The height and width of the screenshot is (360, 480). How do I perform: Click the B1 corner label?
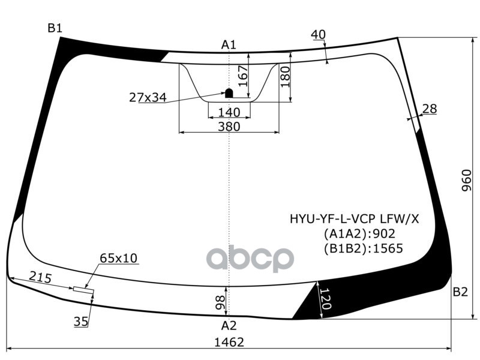(x=55, y=28)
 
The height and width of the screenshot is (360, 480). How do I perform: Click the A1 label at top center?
(x=229, y=44)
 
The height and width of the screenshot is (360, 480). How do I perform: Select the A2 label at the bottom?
(x=229, y=326)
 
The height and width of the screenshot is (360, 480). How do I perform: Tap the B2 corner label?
(x=460, y=292)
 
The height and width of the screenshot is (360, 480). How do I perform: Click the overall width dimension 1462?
(x=229, y=342)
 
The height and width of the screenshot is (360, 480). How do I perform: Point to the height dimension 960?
(x=467, y=180)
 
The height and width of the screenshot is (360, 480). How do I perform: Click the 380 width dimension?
(x=229, y=127)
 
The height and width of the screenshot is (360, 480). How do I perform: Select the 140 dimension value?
(x=229, y=112)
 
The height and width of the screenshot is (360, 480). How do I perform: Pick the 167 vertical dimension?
(x=242, y=77)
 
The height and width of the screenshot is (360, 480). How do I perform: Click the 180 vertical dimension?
(x=285, y=77)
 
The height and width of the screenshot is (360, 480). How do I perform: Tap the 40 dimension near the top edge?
(x=318, y=35)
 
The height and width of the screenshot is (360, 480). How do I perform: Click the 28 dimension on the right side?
(x=430, y=109)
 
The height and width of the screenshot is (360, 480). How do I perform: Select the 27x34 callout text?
(x=148, y=97)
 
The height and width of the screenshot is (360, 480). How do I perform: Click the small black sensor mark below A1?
(x=229, y=92)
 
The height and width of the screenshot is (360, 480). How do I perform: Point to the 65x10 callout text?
(x=118, y=258)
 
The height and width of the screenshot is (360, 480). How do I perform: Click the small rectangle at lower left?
(x=83, y=290)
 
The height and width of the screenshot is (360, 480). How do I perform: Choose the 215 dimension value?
(x=40, y=278)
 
